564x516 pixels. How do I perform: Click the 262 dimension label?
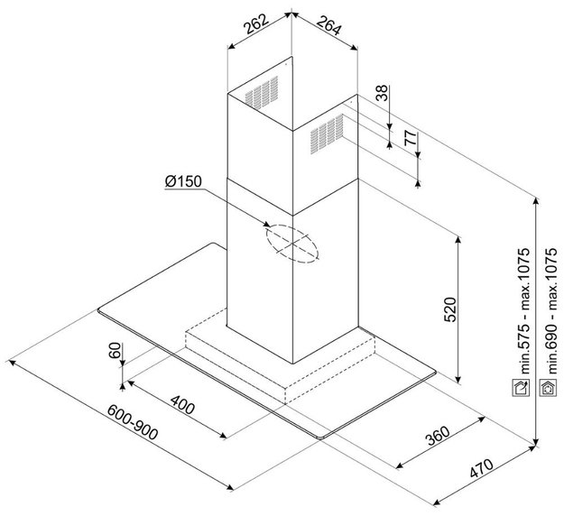click(x=256, y=23)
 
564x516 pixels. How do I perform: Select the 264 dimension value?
click(x=328, y=25)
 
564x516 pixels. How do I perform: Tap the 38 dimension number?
click(x=382, y=93)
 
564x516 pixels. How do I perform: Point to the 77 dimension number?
click(x=410, y=138)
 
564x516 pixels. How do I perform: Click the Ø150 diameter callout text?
click(x=183, y=181)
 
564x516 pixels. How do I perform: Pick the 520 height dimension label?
click(x=450, y=309)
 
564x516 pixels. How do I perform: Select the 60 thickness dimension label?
click(x=115, y=350)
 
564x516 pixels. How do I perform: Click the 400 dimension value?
click(x=182, y=404)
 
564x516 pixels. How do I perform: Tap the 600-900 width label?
click(x=133, y=422)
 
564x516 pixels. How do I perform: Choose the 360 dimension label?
click(x=438, y=436)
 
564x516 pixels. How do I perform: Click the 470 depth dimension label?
click(x=481, y=468)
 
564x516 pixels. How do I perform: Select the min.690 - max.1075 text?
click(x=550, y=311)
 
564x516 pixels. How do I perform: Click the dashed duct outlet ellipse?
click(x=292, y=244)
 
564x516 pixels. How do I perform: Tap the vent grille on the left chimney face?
click(x=262, y=92)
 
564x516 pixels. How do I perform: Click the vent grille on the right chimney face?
click(x=327, y=134)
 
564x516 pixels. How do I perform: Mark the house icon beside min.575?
click(x=521, y=388)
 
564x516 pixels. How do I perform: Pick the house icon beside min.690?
click(x=549, y=388)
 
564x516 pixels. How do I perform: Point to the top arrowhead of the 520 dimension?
click(x=458, y=239)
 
